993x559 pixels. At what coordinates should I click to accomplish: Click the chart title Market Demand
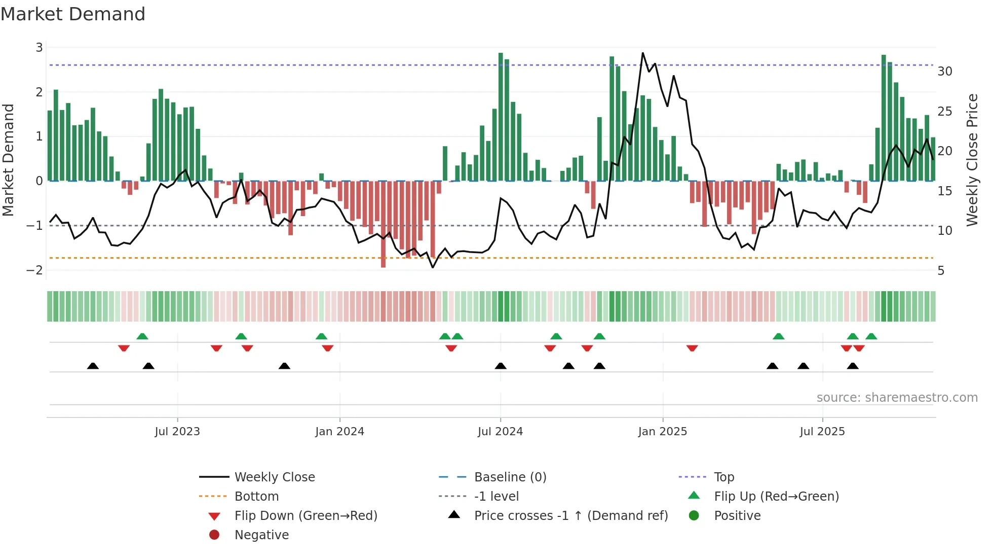pos(73,14)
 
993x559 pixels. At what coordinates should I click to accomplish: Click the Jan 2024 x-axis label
pos(339,432)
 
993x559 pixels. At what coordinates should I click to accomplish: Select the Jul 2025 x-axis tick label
pos(822,432)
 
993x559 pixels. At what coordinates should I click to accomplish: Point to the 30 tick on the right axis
pos(944,72)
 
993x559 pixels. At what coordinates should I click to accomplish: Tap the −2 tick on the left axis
pos(35,270)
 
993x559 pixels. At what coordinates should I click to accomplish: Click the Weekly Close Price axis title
pos(972,160)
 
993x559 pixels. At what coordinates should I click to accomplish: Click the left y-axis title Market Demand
pos(8,160)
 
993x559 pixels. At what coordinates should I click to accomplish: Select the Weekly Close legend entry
pos(274,477)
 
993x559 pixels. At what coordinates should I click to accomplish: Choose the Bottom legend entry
pos(256,497)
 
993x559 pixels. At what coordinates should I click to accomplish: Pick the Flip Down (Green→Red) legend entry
pos(305,516)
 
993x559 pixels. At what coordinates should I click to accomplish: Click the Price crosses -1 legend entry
pos(570,516)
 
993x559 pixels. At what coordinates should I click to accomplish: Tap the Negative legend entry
pos(261,535)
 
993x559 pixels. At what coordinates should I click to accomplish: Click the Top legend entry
pos(723,477)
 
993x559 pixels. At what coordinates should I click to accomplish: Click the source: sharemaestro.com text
pos(897,398)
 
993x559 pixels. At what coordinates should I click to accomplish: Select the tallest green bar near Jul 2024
pos(501,117)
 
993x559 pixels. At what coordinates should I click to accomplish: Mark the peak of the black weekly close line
pos(643,53)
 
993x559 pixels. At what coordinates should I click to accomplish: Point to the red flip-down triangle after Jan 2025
pos(692,348)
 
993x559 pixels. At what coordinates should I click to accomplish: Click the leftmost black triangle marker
pos(93,366)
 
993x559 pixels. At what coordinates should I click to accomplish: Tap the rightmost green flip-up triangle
pos(871,336)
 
